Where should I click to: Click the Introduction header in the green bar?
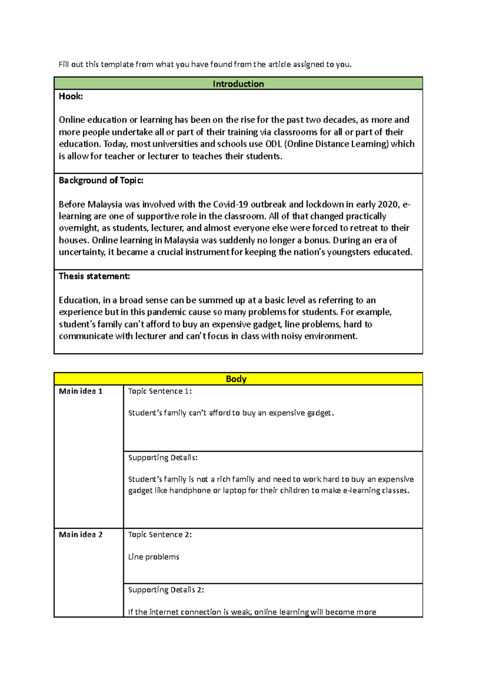point(238,84)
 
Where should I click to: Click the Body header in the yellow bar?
point(236,379)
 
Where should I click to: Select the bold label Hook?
point(71,96)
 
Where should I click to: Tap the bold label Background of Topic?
point(101,180)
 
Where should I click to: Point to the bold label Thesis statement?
point(94,276)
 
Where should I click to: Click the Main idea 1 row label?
point(81,391)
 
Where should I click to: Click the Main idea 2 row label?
point(81,534)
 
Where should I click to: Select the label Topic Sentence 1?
point(160,391)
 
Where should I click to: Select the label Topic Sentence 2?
point(160,534)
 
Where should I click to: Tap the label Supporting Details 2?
point(166,590)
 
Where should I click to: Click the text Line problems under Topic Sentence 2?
point(153,557)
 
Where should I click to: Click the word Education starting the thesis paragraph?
point(79,300)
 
